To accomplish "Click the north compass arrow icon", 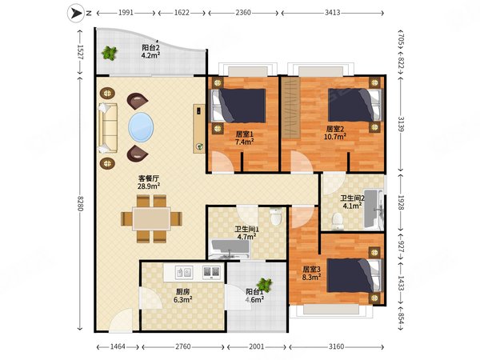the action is click(x=76, y=13).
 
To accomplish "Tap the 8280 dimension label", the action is click(x=80, y=203).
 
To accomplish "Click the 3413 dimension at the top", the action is click(x=333, y=13).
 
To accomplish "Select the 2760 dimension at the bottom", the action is click(x=183, y=347).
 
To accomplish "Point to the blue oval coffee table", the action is click(x=141, y=127).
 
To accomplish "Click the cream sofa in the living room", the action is click(x=108, y=128).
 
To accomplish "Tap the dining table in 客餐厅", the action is click(x=151, y=219).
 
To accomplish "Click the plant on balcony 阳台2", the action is click(x=110, y=53).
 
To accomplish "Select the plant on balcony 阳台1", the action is click(x=265, y=285).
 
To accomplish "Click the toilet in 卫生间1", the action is click(x=276, y=216).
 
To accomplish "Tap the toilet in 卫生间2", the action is click(x=338, y=222).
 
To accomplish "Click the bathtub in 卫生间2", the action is click(x=374, y=209).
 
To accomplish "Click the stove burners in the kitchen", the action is click(x=211, y=272).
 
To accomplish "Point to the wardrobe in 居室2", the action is click(x=291, y=108).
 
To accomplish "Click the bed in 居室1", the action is click(x=238, y=106).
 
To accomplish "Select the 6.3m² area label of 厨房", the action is click(x=182, y=299).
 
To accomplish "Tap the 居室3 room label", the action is click(x=311, y=269).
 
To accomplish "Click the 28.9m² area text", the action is click(x=149, y=186).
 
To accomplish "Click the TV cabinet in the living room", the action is click(x=198, y=128).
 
